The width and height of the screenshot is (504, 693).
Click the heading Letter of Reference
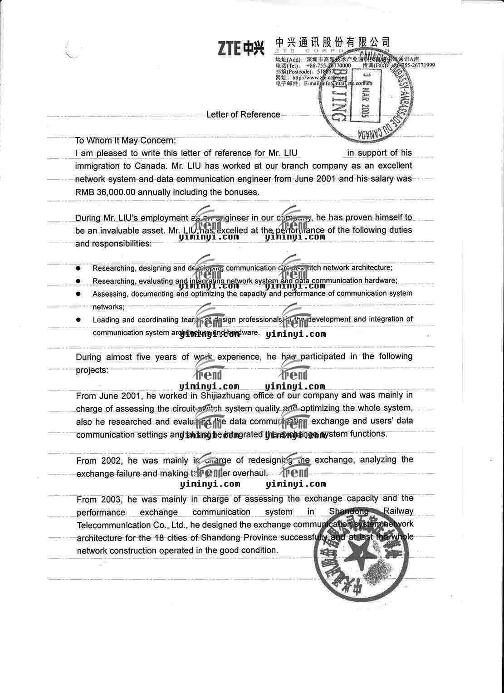pos(243,114)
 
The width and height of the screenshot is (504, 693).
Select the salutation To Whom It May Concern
pos(125,140)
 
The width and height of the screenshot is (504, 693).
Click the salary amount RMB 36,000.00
pos(105,192)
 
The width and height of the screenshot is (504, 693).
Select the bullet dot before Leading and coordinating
pos(78,319)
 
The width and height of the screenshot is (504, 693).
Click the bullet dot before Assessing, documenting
pos(78,294)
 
